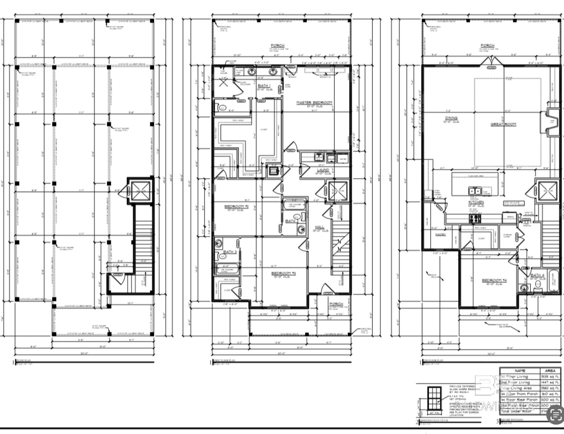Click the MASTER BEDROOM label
click(314, 102)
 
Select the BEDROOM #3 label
click(283, 273)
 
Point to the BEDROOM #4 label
click(494, 280)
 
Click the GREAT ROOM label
click(503, 124)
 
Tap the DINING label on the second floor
click(451, 118)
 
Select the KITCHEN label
click(476, 202)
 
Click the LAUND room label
click(323, 170)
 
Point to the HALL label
click(319, 227)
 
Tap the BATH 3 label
click(230, 252)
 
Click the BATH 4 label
click(537, 275)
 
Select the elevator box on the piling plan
click(140, 191)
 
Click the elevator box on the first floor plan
click(338, 191)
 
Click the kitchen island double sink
click(475, 191)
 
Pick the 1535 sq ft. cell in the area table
click(550, 377)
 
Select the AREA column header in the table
click(550, 371)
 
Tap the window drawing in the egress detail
click(434, 398)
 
